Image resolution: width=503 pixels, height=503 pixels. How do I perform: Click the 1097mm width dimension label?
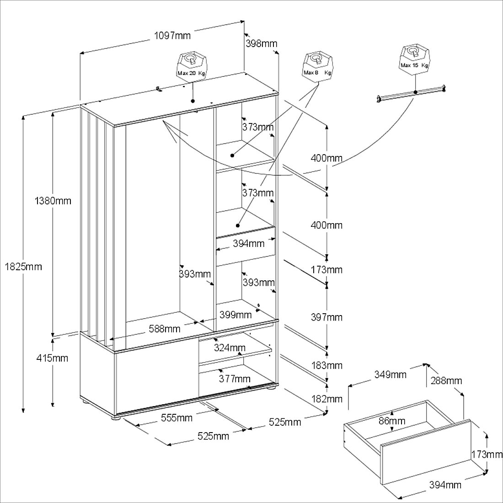click(x=172, y=36)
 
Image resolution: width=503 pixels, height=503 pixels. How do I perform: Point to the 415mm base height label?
click(x=52, y=358)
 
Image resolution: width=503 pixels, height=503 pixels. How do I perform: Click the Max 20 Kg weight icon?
click(x=192, y=66)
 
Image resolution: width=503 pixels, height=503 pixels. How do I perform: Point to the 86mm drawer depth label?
click(x=392, y=421)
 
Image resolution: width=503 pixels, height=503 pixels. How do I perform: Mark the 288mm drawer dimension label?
click(x=445, y=380)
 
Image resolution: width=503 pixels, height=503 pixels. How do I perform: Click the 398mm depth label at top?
click(x=262, y=44)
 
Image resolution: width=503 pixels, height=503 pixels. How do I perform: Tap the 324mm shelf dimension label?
click(x=230, y=348)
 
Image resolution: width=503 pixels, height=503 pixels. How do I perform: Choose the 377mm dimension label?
click(x=235, y=379)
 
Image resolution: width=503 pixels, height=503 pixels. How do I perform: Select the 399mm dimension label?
click(x=235, y=315)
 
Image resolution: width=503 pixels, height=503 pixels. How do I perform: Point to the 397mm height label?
click(x=326, y=317)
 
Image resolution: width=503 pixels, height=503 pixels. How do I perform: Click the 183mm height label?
click(x=326, y=365)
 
